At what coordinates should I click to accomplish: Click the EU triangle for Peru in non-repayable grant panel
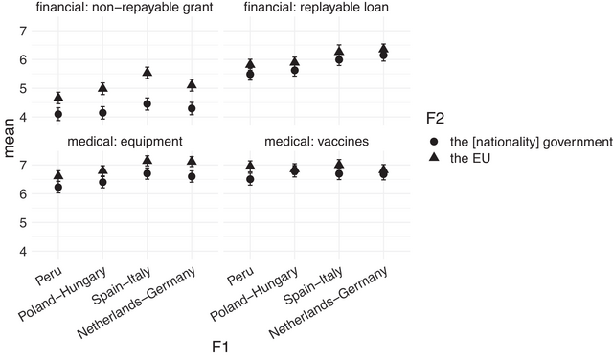pyautogui.click(x=58, y=98)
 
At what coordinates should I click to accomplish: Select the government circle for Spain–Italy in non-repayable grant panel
pyautogui.click(x=147, y=104)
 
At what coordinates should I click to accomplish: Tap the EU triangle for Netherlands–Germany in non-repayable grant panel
pyautogui.click(x=192, y=85)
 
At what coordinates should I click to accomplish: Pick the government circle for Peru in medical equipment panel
pyautogui.click(x=58, y=188)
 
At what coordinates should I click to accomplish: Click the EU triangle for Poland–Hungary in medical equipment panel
pyautogui.click(x=102, y=170)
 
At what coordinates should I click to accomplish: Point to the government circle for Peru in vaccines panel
pyautogui.click(x=250, y=179)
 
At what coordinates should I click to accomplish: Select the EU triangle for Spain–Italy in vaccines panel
pyautogui.click(x=339, y=165)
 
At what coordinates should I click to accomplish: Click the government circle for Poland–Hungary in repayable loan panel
pyautogui.click(x=295, y=71)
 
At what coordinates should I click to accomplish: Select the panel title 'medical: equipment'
pyautogui.click(x=125, y=142)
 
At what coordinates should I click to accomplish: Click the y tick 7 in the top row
pyautogui.click(x=24, y=31)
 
